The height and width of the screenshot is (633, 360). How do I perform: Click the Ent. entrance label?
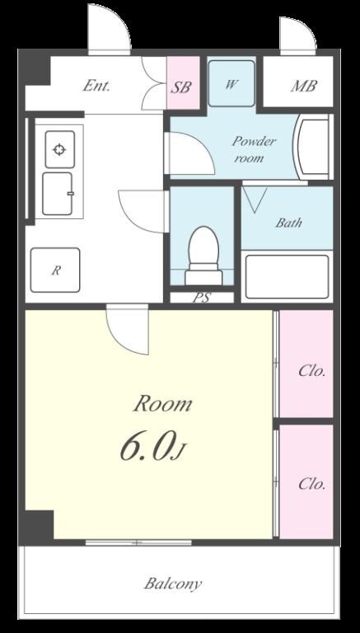[x=96, y=86]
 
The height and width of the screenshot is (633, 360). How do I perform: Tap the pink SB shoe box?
[x=184, y=82]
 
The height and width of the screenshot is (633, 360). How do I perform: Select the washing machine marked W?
[x=231, y=83]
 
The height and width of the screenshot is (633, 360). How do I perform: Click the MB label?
[x=303, y=86]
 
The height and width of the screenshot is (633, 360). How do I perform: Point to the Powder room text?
[x=254, y=149]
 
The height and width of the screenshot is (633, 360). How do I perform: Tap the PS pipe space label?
[x=202, y=298]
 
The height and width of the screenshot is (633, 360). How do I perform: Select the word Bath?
[x=288, y=223]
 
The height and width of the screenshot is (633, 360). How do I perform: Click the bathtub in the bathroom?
[x=287, y=277]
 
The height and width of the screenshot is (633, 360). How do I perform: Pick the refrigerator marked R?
[x=55, y=270]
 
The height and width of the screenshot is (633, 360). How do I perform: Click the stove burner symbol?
[x=60, y=150]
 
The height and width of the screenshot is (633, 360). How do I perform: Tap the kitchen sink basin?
[x=58, y=194]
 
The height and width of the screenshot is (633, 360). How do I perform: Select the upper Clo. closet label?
[x=312, y=371]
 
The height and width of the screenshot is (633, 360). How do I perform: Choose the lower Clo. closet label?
[x=312, y=484]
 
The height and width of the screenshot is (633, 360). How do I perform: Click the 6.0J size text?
[x=154, y=447]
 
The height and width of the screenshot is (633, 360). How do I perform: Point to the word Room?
[x=162, y=404]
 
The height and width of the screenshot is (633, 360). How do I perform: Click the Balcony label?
[x=173, y=584]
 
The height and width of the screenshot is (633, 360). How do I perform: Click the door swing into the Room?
[x=128, y=331]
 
